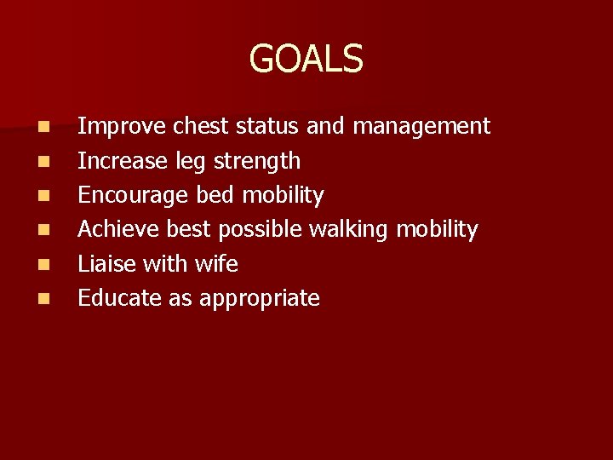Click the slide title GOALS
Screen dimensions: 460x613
(x=306, y=59)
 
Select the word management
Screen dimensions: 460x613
(x=421, y=127)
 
